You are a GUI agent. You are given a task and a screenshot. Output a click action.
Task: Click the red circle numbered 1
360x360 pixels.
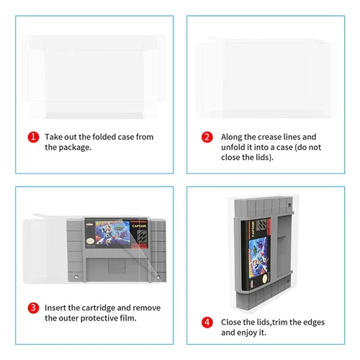point(33,137)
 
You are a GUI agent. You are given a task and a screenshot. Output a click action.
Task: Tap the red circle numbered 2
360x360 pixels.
point(207,137)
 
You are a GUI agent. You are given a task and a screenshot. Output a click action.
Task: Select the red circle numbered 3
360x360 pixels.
point(33,308)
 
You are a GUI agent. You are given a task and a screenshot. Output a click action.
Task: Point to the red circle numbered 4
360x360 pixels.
point(207,323)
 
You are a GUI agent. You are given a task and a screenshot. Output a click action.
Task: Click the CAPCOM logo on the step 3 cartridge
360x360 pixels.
point(139,226)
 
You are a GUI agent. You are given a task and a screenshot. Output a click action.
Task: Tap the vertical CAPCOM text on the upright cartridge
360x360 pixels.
point(253,228)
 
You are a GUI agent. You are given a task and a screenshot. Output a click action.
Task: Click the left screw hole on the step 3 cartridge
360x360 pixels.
point(76,277)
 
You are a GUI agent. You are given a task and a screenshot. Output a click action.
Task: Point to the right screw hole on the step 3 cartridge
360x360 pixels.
point(158,277)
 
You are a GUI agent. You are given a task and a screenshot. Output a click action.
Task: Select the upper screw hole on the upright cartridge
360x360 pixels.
point(289,205)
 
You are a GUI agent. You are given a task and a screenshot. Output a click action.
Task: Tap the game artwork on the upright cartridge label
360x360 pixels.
point(258,255)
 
